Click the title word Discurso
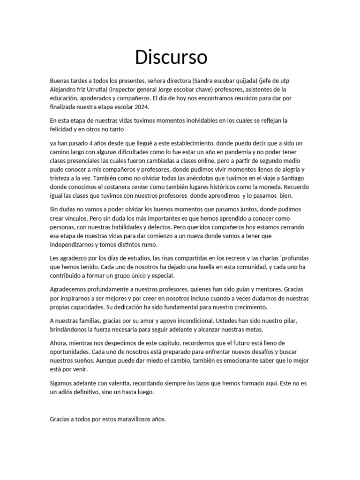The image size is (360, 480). tap(171, 57)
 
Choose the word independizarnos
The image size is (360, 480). tap(78, 245)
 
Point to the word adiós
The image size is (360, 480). tap(67, 392)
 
